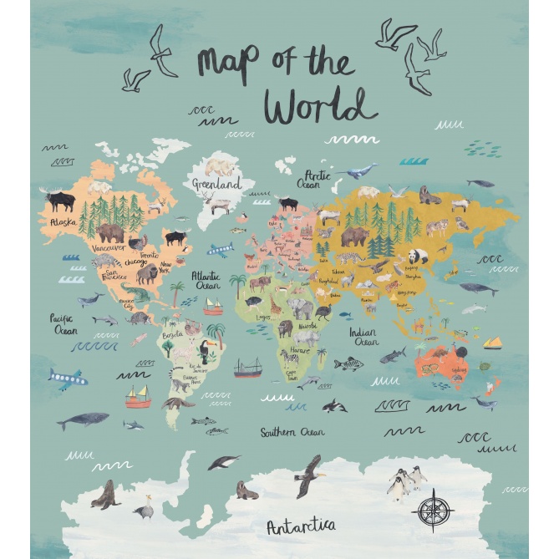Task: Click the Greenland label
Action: tap(216, 183)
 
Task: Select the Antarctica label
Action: tap(301, 526)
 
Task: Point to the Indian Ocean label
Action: tap(363, 336)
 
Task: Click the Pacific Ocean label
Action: tap(64, 324)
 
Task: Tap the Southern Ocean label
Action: tap(292, 433)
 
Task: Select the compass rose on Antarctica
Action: tap(433, 509)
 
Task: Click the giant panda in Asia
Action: tap(418, 257)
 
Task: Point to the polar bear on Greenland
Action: tap(220, 166)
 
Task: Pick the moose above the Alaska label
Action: tap(60, 201)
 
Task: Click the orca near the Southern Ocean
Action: tap(334, 405)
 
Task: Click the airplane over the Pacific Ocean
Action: tap(67, 379)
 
